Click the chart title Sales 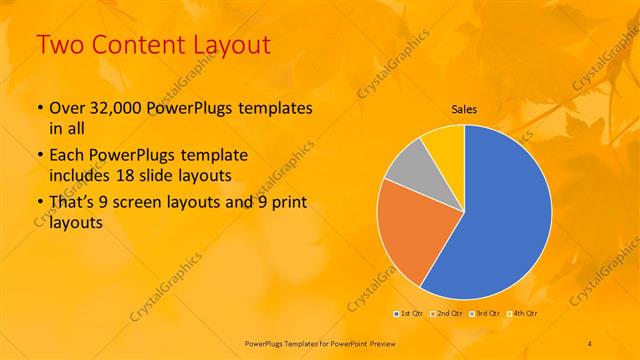tap(464, 108)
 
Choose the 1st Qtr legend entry tap(409, 313)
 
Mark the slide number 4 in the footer tap(589, 342)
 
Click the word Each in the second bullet tap(65, 157)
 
